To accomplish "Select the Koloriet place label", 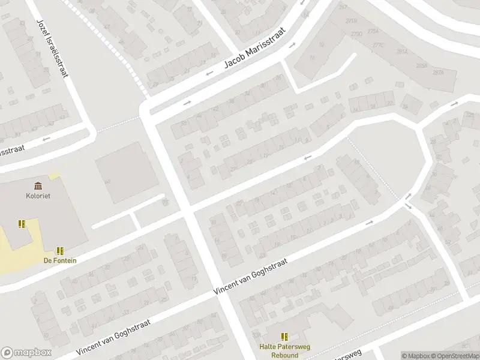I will click(x=38, y=195).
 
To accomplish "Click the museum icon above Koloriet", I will click(x=38, y=185).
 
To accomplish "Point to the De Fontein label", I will click(x=60, y=260).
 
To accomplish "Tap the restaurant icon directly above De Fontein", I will click(x=60, y=250).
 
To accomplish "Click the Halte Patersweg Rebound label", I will click(x=279, y=350).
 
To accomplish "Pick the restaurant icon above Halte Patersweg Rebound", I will click(x=284, y=337).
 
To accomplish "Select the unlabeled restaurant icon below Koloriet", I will click(x=22, y=224).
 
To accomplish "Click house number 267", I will click(x=343, y=7).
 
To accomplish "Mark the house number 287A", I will click(x=437, y=72).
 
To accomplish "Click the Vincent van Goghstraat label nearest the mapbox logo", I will click(x=114, y=337).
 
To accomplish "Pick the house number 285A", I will click(x=421, y=65).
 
